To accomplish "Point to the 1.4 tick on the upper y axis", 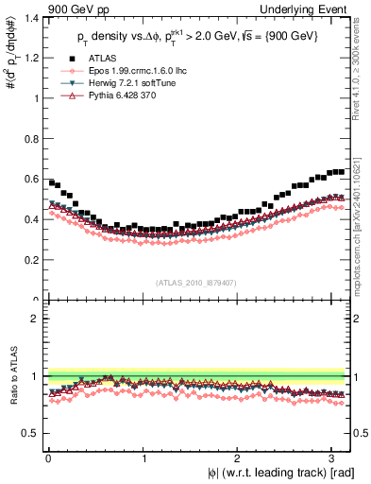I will click(x=29, y=17).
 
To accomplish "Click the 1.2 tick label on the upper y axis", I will click(x=29, y=58).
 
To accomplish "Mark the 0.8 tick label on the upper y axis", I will click(x=29, y=138).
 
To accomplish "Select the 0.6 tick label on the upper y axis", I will click(x=29, y=179).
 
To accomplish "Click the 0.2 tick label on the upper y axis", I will click(x=29, y=260).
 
